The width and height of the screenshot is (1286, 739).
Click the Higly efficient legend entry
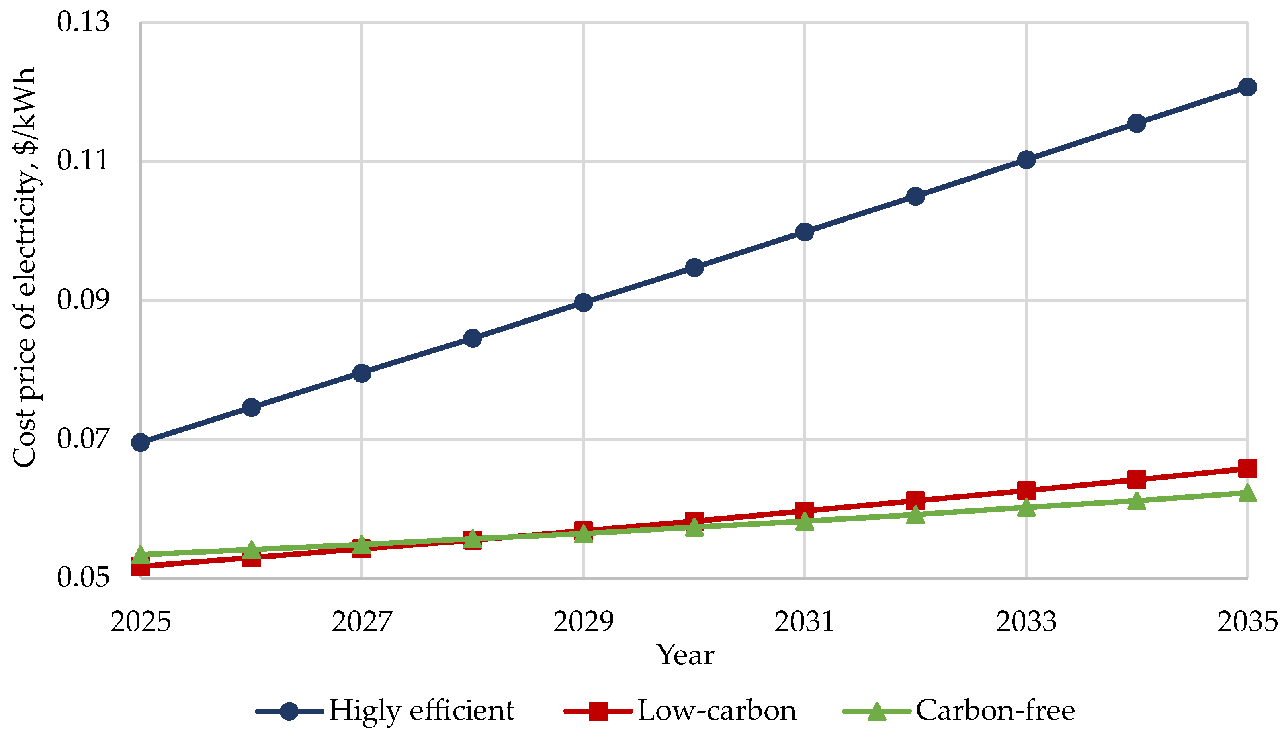[x=386, y=710]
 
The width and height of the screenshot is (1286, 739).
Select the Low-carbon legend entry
[x=680, y=710]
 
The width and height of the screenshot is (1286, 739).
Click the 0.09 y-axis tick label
[x=83, y=300]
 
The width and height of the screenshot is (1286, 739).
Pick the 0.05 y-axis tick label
[x=83, y=577]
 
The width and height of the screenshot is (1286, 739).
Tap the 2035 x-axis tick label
[x=1247, y=621]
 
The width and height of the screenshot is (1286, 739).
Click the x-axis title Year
[x=685, y=655]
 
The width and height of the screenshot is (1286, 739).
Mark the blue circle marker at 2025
[x=141, y=443]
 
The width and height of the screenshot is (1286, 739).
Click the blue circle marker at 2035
[x=1247, y=87]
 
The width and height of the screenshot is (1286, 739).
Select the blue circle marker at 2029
[x=584, y=303]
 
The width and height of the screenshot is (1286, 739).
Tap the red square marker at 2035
[x=1247, y=469]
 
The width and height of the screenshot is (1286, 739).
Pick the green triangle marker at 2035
[x=1247, y=493]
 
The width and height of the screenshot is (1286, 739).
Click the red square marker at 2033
[x=1026, y=490]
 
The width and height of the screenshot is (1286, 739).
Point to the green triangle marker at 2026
[x=251, y=549]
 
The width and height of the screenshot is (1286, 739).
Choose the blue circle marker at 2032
[x=915, y=196]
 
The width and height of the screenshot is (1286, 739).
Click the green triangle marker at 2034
[x=1137, y=501]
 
